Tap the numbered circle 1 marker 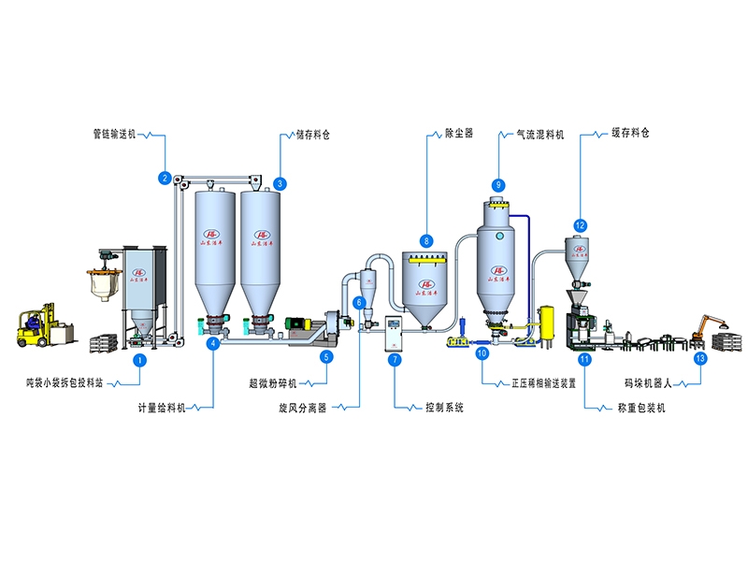(139, 359)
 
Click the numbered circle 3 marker (280, 184)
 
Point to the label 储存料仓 (313, 135)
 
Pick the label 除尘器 (455, 134)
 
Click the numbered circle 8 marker (426, 240)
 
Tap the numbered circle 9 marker (498, 184)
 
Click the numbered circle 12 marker (581, 225)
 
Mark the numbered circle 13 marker (700, 358)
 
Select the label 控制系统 (444, 408)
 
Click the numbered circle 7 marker (395, 359)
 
